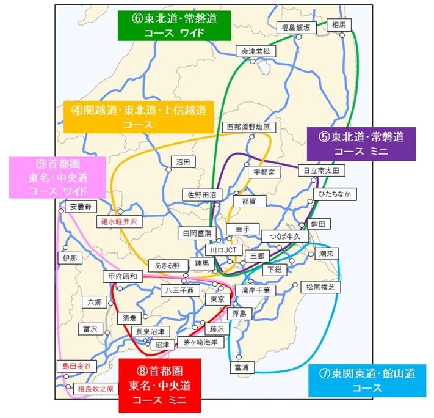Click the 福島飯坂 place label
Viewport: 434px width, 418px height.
coord(296,28)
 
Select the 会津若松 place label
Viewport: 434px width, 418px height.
coord(254,52)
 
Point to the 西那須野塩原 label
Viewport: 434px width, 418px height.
coord(247,128)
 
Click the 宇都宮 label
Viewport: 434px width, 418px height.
coord(266,173)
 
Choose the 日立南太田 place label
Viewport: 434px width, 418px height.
coord(322,170)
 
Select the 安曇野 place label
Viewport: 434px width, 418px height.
coord(80,207)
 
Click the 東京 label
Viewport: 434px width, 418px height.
coord(217,299)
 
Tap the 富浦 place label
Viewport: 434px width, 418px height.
coord(242,368)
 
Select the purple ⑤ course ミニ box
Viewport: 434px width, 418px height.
coord(361,144)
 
